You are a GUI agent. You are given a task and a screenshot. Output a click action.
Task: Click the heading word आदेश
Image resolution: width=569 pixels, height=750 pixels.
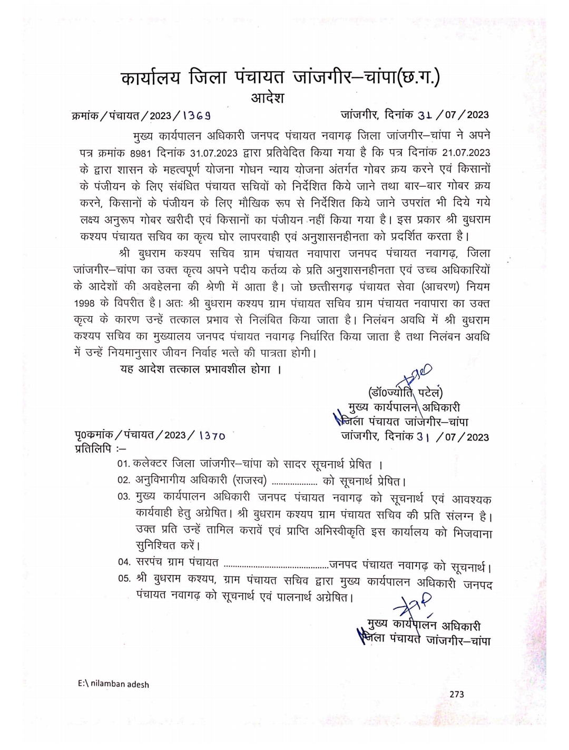(267, 98)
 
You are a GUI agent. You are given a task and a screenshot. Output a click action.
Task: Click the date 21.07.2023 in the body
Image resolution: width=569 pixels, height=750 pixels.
(466, 153)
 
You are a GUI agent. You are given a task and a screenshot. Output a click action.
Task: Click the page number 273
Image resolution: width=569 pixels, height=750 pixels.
(457, 694)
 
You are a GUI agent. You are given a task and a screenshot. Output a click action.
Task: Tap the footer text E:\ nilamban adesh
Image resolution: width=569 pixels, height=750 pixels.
(113, 684)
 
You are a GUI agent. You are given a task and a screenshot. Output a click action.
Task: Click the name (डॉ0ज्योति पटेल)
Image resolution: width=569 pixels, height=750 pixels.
(405, 392)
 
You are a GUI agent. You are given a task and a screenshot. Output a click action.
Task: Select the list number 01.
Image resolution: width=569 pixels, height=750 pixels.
(124, 464)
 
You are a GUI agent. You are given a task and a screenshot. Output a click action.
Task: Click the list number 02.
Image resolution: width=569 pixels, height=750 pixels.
(124, 481)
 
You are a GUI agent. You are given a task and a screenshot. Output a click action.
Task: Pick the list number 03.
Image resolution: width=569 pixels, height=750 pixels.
(124, 497)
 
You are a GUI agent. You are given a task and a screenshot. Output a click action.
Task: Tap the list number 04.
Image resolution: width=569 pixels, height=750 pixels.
(124, 562)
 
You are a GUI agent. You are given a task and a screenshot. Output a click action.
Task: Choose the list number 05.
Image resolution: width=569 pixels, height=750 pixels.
(124, 579)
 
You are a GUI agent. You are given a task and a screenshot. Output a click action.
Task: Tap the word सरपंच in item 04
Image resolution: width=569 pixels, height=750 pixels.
(151, 562)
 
